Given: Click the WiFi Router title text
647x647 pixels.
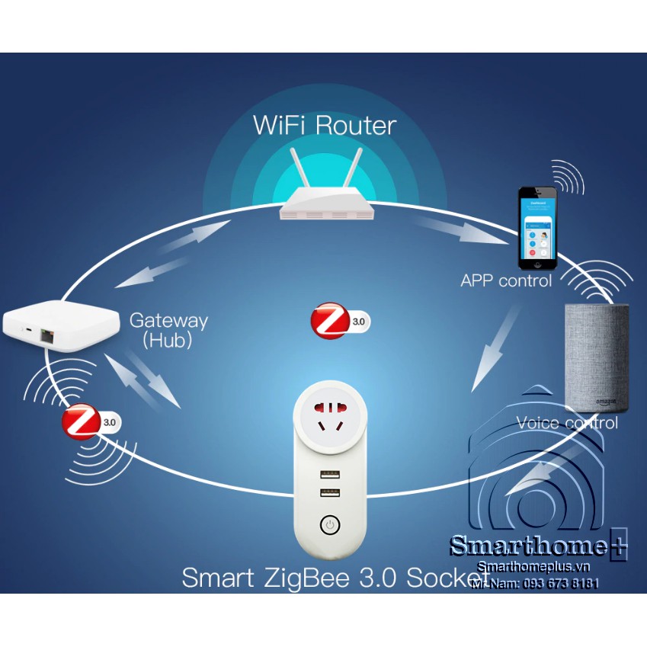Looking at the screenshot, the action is (x=325, y=124).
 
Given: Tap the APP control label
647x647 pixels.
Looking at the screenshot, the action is (x=505, y=281).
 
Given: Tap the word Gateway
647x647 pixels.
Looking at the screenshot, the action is (x=168, y=320).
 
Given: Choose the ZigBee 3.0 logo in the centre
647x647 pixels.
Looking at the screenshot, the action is (x=340, y=321).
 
